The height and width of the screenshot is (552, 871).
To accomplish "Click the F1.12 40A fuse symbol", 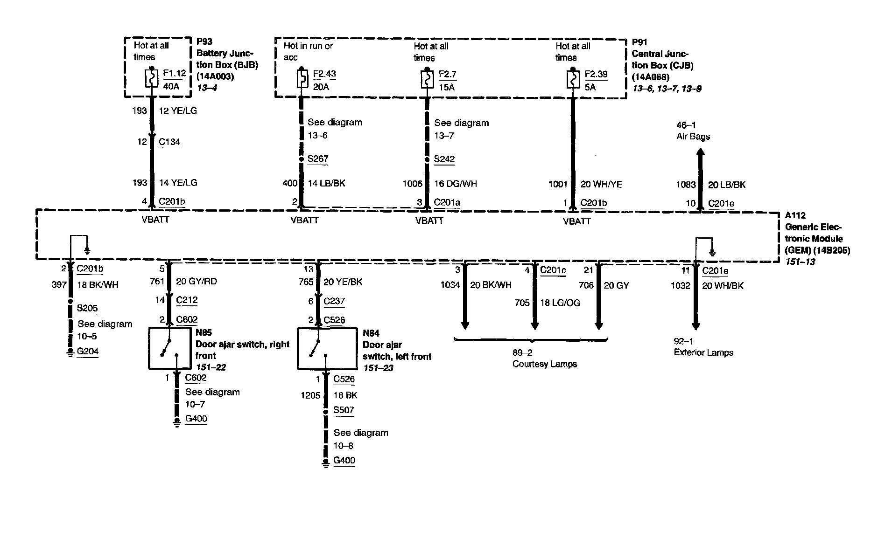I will tap(151, 79).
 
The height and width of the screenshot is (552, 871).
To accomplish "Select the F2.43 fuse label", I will tap(324, 74).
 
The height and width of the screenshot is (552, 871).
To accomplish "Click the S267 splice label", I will tap(318, 159).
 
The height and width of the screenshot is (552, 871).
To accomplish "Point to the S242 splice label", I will tap(444, 159).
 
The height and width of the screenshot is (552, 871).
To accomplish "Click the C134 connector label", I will tap(169, 142).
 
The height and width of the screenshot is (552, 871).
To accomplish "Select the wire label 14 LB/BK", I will tap(326, 183).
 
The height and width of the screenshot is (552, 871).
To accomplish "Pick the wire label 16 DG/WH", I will tap(455, 184).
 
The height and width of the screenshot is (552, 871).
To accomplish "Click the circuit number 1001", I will tap(557, 184).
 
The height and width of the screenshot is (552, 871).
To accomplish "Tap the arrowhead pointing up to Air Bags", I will tap(700, 152).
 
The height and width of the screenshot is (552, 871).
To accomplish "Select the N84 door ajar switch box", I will tap(319, 348).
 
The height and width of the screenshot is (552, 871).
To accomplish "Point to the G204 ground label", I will tap(87, 351).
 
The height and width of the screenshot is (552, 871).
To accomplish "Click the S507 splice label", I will tap(344, 410).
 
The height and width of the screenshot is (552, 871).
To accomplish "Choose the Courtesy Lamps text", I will tap(544, 364).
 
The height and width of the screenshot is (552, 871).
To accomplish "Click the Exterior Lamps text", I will tap(703, 352).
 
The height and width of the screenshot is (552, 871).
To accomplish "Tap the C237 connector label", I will tap(334, 301).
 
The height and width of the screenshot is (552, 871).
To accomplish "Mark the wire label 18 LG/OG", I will tap(560, 303).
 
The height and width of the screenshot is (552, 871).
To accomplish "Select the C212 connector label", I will tap(187, 300).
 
